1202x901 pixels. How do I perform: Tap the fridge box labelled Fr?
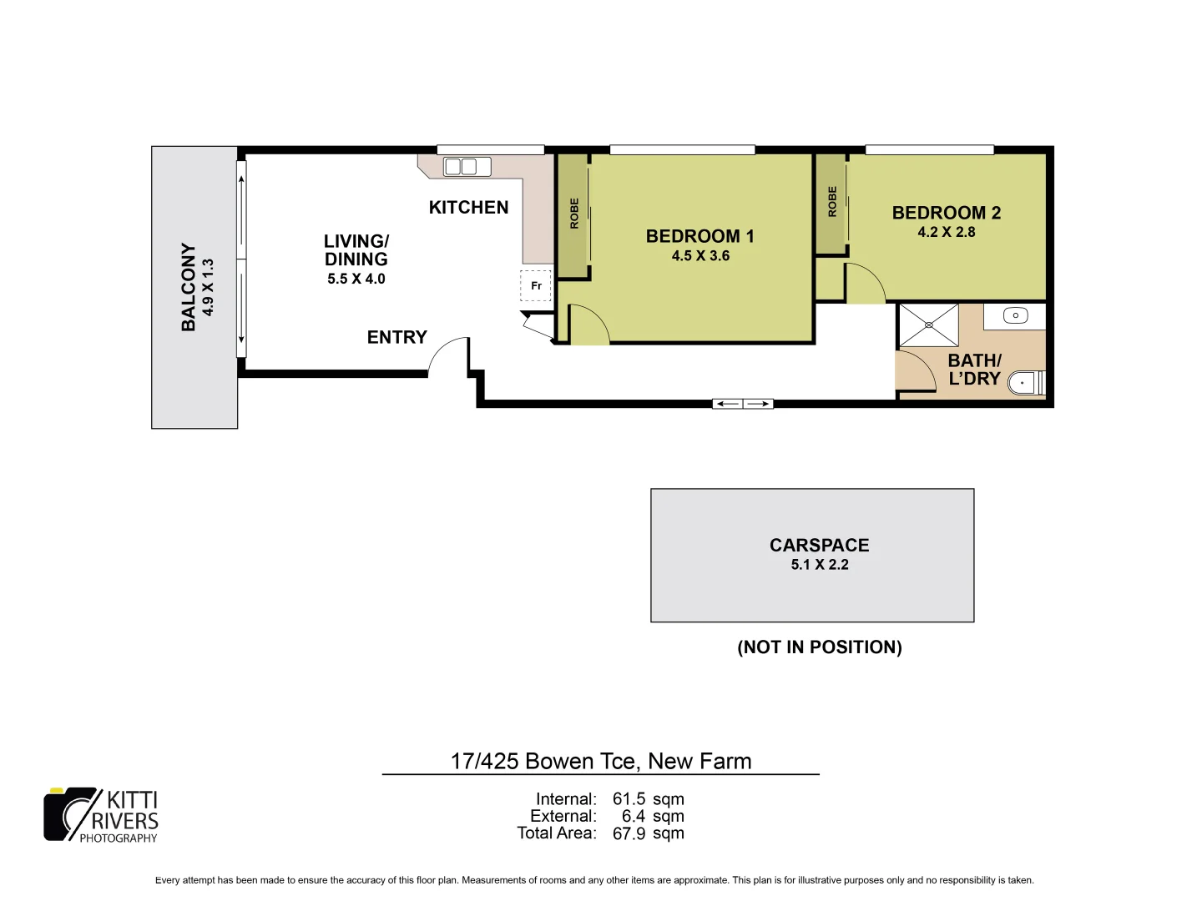tap(536, 285)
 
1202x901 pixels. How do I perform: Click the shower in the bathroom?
tap(928, 325)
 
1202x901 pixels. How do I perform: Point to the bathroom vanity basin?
tap(1015, 315)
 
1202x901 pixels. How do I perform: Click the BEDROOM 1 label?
tap(699, 236)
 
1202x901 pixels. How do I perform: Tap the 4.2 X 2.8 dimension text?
tap(946, 233)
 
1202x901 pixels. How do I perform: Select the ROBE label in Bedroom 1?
tap(574, 214)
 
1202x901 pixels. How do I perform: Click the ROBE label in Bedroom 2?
tap(832, 202)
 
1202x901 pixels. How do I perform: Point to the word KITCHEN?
tap(468, 208)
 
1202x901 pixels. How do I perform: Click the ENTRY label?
tap(396, 337)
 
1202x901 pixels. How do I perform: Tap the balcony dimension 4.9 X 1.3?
tap(209, 287)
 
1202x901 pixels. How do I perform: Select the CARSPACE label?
tap(819, 545)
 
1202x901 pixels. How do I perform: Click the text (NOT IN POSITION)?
tap(819, 647)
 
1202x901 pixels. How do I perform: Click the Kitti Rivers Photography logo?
tap(101, 815)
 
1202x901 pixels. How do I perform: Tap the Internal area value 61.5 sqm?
tap(648, 799)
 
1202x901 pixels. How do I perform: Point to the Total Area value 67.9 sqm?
tap(648, 833)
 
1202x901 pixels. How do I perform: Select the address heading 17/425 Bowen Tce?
tap(600, 761)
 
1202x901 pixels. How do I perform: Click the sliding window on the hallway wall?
tap(742, 404)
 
